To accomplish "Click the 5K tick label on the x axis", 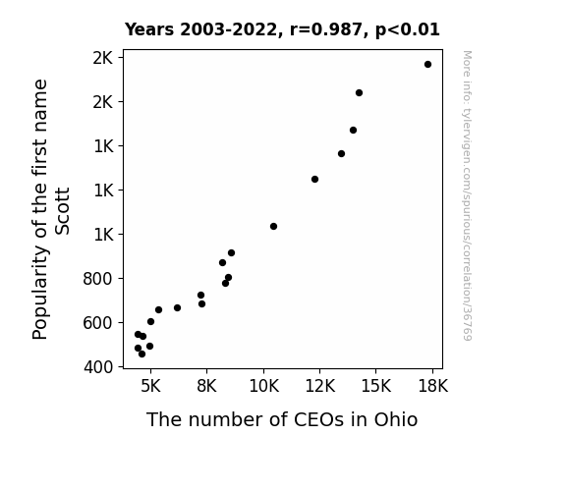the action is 150,386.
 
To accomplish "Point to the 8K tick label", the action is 206,386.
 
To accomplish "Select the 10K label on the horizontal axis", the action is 263,386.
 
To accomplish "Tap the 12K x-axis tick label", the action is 320,386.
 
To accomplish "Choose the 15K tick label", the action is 376,386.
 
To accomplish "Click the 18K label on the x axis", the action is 432,386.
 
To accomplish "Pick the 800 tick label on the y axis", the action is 97,279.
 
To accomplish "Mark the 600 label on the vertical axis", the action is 97,323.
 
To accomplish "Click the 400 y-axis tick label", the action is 98,367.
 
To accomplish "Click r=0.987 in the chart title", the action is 326,29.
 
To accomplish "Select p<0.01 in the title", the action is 408,29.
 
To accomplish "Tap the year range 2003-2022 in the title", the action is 228,29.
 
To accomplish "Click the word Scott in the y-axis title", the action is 62,211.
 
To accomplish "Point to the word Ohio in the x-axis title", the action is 396,419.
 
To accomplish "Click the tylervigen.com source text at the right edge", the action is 468,195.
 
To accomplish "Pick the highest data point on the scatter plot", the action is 427,65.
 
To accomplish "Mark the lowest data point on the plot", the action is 141,355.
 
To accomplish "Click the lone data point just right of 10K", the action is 273,226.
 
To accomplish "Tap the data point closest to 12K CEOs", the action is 315,179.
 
